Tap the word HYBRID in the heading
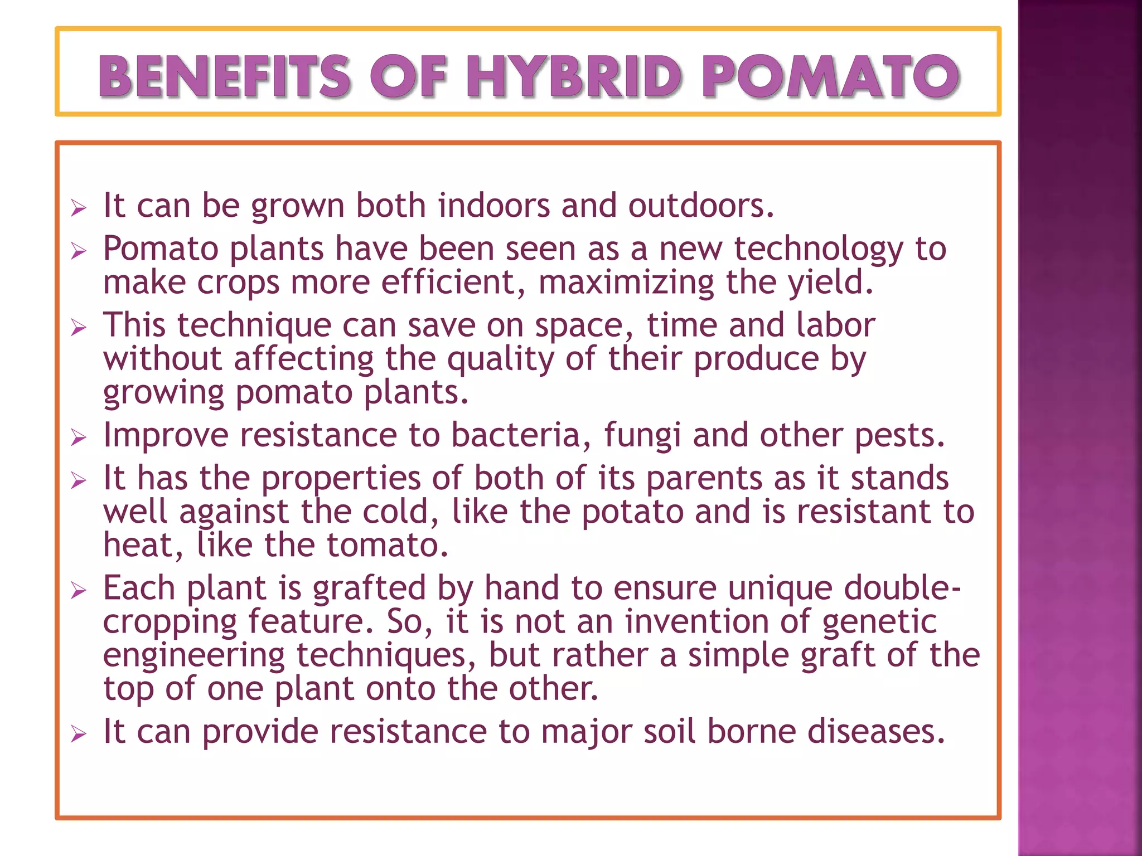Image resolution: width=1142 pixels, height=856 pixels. point(574,76)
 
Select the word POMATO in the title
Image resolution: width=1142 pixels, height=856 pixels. point(830,76)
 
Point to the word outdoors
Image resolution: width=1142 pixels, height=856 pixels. point(701,206)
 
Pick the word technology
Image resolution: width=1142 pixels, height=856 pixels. point(818,249)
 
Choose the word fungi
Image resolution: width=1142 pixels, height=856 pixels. point(642,436)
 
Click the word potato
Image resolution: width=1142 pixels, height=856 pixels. point(632,512)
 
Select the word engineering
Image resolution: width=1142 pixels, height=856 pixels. point(194,656)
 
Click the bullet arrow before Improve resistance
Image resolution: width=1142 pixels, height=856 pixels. point(79,437)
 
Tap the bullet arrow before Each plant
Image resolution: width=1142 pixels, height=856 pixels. point(79,590)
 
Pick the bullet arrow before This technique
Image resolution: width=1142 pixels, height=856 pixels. point(79,328)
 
